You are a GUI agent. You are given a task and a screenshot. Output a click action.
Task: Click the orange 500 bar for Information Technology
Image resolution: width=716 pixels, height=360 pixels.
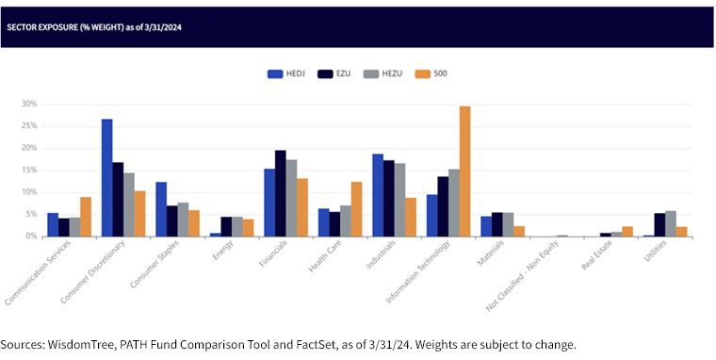[464, 172]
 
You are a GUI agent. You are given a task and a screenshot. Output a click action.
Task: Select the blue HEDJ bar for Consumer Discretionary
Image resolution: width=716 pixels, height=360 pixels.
[106, 178]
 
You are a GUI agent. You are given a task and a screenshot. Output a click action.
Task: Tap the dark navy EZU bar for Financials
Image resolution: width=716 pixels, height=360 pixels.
[281, 193]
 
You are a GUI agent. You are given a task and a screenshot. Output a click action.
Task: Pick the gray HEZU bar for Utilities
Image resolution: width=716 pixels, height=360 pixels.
[671, 224]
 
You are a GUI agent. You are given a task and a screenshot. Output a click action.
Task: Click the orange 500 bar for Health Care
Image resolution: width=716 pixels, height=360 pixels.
[357, 209]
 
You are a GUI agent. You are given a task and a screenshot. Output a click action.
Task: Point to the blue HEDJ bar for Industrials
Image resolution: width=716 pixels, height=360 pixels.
[378, 195]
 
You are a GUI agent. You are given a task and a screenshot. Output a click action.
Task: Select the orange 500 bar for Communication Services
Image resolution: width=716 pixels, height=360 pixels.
[86, 217]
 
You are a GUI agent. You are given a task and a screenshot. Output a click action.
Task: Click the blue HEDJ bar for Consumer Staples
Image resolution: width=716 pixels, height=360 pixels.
[161, 209]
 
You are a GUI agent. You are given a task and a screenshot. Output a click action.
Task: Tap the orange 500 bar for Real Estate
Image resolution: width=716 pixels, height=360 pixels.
[627, 232]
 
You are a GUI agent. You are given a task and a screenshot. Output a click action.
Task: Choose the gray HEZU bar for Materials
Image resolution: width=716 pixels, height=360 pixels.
[508, 225]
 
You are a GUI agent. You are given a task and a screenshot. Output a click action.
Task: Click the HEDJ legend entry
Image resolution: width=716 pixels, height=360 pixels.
[285, 74]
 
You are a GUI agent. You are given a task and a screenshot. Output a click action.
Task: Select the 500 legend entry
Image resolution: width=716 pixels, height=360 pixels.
[431, 74]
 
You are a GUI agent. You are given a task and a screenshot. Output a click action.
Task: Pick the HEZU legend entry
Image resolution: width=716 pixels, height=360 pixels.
[383, 74]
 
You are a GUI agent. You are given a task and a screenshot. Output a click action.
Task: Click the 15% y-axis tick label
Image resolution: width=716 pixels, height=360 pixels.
[29, 171]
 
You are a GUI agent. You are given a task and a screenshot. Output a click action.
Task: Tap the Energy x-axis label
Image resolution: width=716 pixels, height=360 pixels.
[223, 250]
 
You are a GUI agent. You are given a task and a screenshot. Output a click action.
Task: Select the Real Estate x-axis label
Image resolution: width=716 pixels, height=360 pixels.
[597, 255]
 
